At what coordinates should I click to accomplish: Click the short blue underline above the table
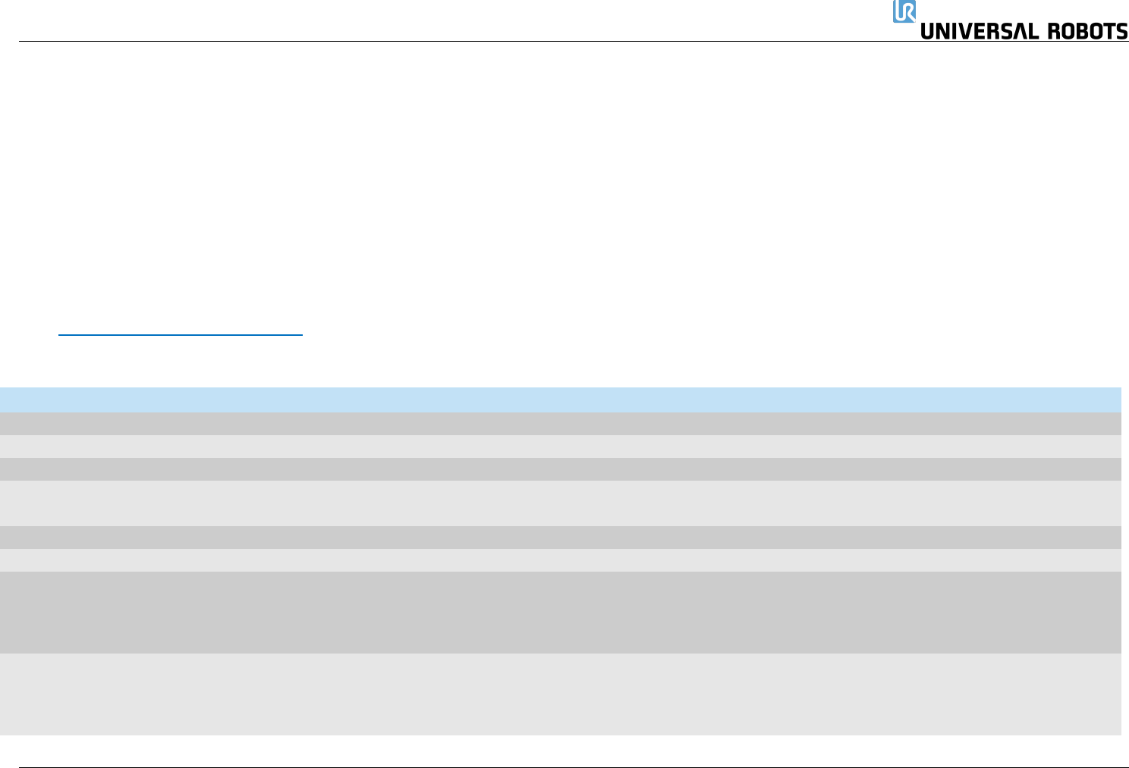(x=181, y=334)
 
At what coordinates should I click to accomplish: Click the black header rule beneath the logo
(x=455, y=42)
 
